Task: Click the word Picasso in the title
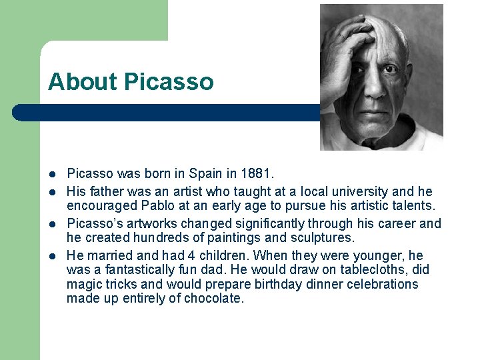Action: [x=169, y=82]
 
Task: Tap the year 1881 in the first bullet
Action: [x=257, y=174]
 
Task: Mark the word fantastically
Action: [x=144, y=269]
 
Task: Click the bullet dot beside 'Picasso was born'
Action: [x=51, y=175]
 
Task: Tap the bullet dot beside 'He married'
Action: [x=51, y=256]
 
